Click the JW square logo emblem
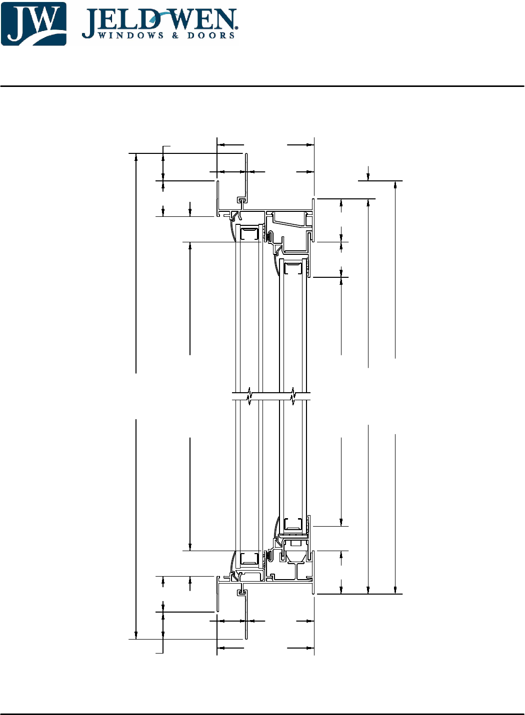pos(33,24)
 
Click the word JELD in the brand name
pos(120,21)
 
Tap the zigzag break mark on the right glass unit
pos(293,396)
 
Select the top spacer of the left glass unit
pos(249,233)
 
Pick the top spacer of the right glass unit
pos(293,268)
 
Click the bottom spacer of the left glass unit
pos(249,559)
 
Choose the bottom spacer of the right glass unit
pos(293,524)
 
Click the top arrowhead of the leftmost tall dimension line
pos(136,157)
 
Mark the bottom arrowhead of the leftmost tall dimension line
pos(136,636)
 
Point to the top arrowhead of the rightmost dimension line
pos(395,184)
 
